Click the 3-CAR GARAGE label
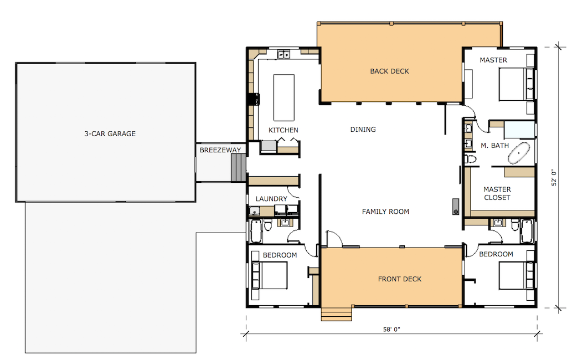110,133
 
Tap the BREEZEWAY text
220,150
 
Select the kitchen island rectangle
284,97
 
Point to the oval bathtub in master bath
518,153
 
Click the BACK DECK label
389,71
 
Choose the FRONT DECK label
400,279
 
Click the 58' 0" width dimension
391,329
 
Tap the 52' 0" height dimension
554,178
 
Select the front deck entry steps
336,313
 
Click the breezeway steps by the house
239,167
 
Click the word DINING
363,129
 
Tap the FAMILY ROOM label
385,212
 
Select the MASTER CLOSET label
497,193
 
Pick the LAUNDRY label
271,199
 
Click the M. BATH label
494,146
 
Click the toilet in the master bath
471,159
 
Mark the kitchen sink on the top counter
283,55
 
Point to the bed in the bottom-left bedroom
270,275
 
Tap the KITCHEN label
283,130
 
